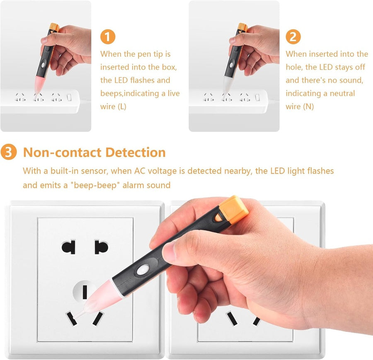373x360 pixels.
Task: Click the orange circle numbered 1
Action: [x=107, y=37]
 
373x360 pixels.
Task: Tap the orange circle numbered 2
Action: [x=293, y=37]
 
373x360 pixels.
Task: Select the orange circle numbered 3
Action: [x=9, y=152]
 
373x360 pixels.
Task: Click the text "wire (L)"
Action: [x=113, y=106]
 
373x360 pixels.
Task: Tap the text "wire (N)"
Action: [x=300, y=106]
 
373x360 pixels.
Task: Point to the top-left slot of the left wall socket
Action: [x=69, y=247]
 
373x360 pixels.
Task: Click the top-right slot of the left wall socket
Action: [x=101, y=247]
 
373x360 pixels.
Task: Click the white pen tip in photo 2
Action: [x=226, y=86]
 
